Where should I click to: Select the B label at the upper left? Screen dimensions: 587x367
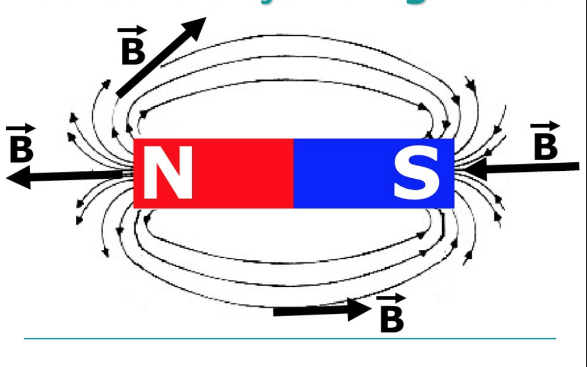[133, 51]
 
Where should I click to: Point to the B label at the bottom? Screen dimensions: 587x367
[392, 319]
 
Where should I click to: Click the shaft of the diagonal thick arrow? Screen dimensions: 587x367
[150, 66]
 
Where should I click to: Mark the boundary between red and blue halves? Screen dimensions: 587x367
[294, 173]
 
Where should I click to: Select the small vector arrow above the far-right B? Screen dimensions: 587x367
[545, 126]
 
